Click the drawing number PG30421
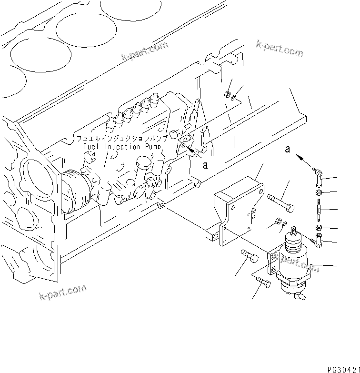pos(342,369)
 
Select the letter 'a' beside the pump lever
pos(205,165)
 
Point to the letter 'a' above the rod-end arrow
pos(287,149)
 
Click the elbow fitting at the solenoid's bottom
pos(299,297)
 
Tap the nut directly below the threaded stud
pos(320,227)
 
